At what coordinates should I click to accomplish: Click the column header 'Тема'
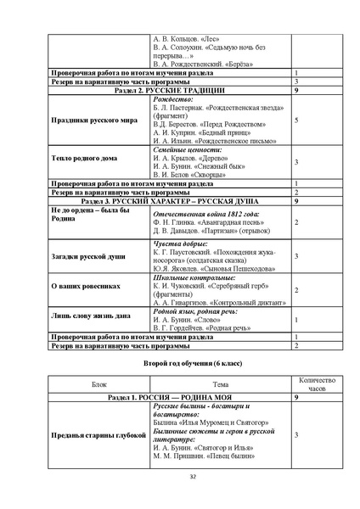click(220, 384)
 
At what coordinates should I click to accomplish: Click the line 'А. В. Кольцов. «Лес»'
click(183, 39)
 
